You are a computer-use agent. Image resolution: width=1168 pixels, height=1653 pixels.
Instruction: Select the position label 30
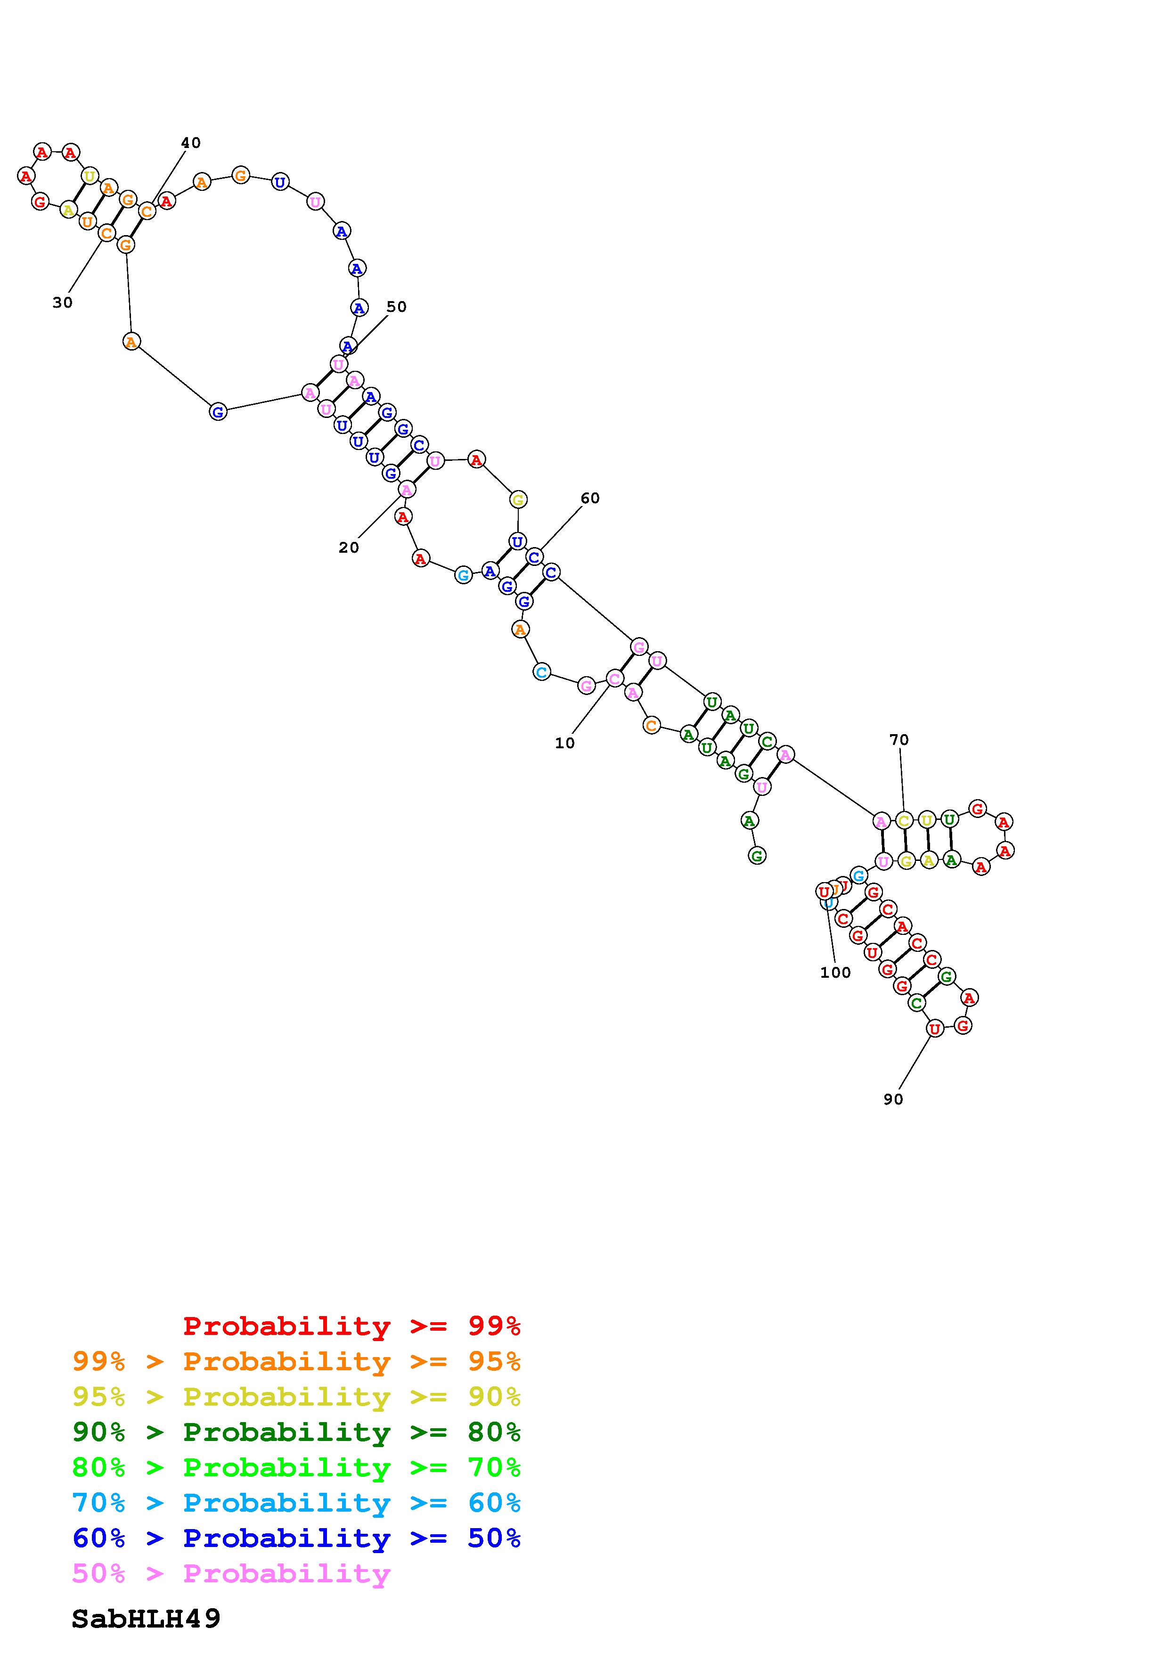[63, 303]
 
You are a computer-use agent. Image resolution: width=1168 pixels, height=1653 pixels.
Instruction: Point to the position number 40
[191, 143]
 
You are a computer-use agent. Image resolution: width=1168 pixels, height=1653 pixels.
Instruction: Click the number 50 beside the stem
[397, 307]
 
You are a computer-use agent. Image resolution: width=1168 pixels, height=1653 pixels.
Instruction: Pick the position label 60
[590, 498]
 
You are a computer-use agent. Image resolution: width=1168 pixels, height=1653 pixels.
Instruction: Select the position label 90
[893, 1099]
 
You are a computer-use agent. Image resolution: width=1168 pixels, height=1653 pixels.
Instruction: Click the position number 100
[835, 973]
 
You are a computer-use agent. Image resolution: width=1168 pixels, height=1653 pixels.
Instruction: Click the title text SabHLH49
[146, 1619]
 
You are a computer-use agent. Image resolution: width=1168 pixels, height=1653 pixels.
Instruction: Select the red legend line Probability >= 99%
[352, 1326]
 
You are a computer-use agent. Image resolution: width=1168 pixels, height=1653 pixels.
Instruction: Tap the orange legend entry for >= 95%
[296, 1361]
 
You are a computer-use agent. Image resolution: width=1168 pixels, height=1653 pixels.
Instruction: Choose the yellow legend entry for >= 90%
[296, 1397]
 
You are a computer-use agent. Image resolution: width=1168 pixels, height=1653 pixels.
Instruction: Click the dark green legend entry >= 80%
[296, 1432]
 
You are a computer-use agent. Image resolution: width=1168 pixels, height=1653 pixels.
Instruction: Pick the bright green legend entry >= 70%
[296, 1467]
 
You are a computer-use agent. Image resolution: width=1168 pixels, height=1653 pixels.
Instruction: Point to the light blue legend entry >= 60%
[296, 1503]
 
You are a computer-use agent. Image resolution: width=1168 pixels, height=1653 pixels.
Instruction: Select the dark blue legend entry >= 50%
[296, 1538]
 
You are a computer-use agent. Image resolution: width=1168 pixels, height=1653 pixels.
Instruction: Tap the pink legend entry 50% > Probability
[232, 1573]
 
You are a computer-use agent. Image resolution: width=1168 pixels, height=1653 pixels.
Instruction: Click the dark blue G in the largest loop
[218, 412]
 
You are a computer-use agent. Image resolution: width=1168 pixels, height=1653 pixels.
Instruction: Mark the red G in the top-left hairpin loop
[41, 202]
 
